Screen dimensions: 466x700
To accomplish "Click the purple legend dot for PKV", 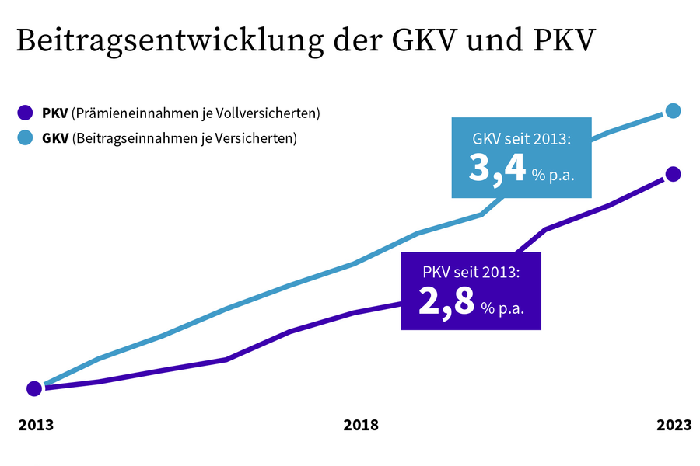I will coord(26,113).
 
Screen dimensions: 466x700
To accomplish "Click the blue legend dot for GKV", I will coord(26,139).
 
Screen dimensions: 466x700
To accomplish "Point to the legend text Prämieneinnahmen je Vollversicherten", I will coord(195,113).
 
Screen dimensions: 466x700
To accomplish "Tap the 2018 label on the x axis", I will coord(361,425).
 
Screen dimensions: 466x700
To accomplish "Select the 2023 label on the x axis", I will coord(674,425).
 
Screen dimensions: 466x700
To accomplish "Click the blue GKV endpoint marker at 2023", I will coord(674,111).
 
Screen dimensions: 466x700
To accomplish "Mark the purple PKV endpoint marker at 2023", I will coord(674,174).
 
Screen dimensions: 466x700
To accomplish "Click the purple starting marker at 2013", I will coord(34,388).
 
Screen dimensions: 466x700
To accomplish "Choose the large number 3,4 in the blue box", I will coord(497,169).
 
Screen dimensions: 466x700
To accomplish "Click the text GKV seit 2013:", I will coord(522,141).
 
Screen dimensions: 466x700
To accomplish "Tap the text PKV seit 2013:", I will coord(471,273).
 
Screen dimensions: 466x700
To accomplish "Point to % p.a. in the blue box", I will coord(553,175).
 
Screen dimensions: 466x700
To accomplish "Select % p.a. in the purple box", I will coord(502,308).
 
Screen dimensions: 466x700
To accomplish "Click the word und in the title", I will coord(489,40).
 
